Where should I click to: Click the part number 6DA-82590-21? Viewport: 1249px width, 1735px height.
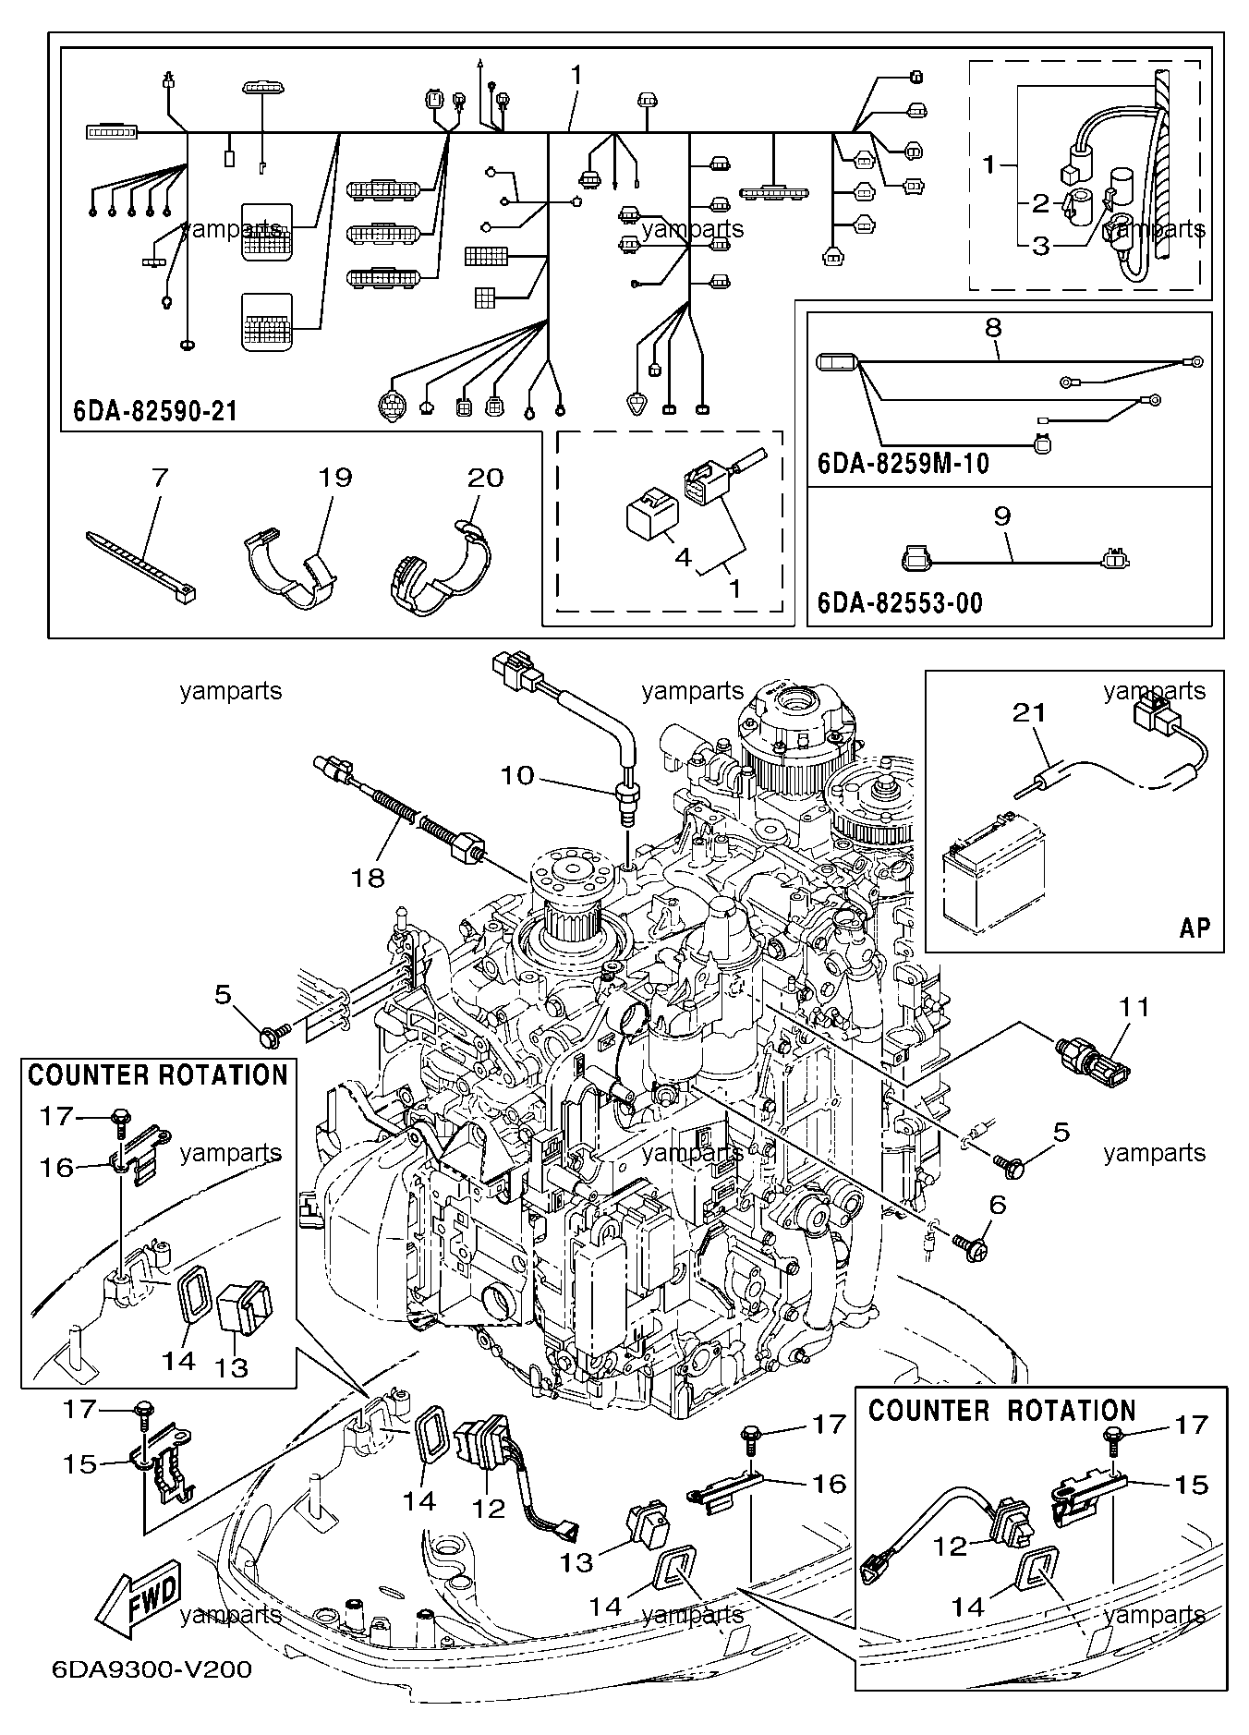tap(154, 410)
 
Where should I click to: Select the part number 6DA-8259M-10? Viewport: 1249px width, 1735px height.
tap(903, 463)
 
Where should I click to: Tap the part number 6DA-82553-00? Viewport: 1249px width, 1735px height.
tap(900, 603)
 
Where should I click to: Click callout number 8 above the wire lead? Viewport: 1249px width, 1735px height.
tap(994, 327)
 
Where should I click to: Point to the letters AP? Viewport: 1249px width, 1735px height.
tap(1194, 927)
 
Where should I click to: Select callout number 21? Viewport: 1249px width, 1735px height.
tap(1030, 712)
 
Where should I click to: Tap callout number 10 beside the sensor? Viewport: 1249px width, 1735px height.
tap(518, 775)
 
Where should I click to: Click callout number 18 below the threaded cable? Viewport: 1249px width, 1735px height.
tap(369, 877)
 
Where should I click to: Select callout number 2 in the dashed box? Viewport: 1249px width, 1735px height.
tap(1040, 203)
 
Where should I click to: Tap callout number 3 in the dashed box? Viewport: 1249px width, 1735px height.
tap(1040, 246)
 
